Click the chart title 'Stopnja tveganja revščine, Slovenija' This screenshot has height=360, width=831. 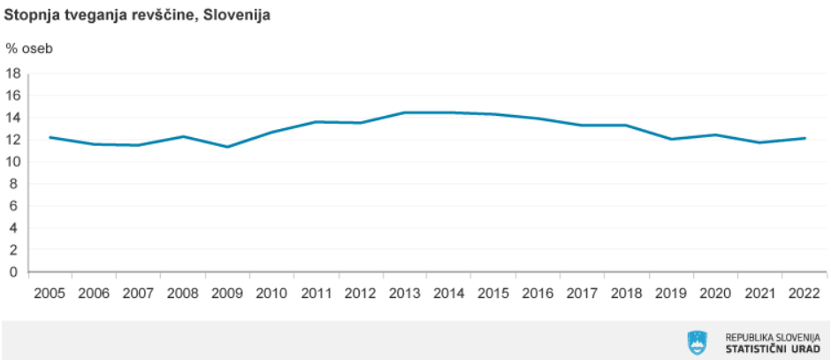138,15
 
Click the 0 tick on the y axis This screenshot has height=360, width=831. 17,272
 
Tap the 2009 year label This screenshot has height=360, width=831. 228,292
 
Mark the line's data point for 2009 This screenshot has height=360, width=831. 228,147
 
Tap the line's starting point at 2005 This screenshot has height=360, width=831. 50,137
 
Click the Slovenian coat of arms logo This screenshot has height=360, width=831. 698,342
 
